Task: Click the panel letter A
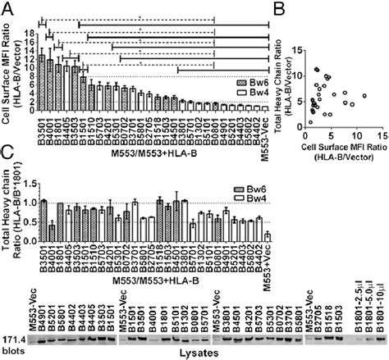click(7, 7)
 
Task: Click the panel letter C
click(7, 153)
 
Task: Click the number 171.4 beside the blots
click(14, 336)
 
